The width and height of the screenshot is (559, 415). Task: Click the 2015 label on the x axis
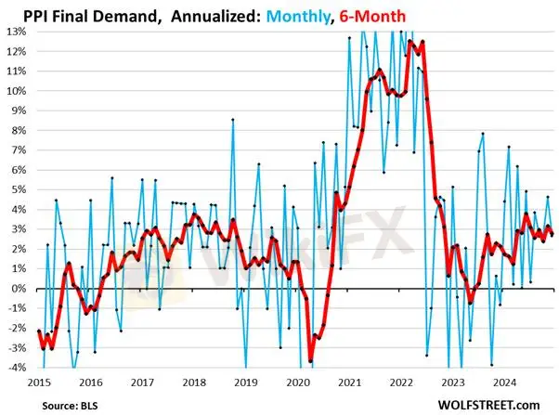38,381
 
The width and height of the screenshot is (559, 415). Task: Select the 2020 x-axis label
297,381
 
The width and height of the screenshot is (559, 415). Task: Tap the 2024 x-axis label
504,381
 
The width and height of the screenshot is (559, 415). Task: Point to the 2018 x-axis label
193,381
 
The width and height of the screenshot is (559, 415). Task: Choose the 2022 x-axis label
400,381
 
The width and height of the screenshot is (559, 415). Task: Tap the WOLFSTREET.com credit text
493,403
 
